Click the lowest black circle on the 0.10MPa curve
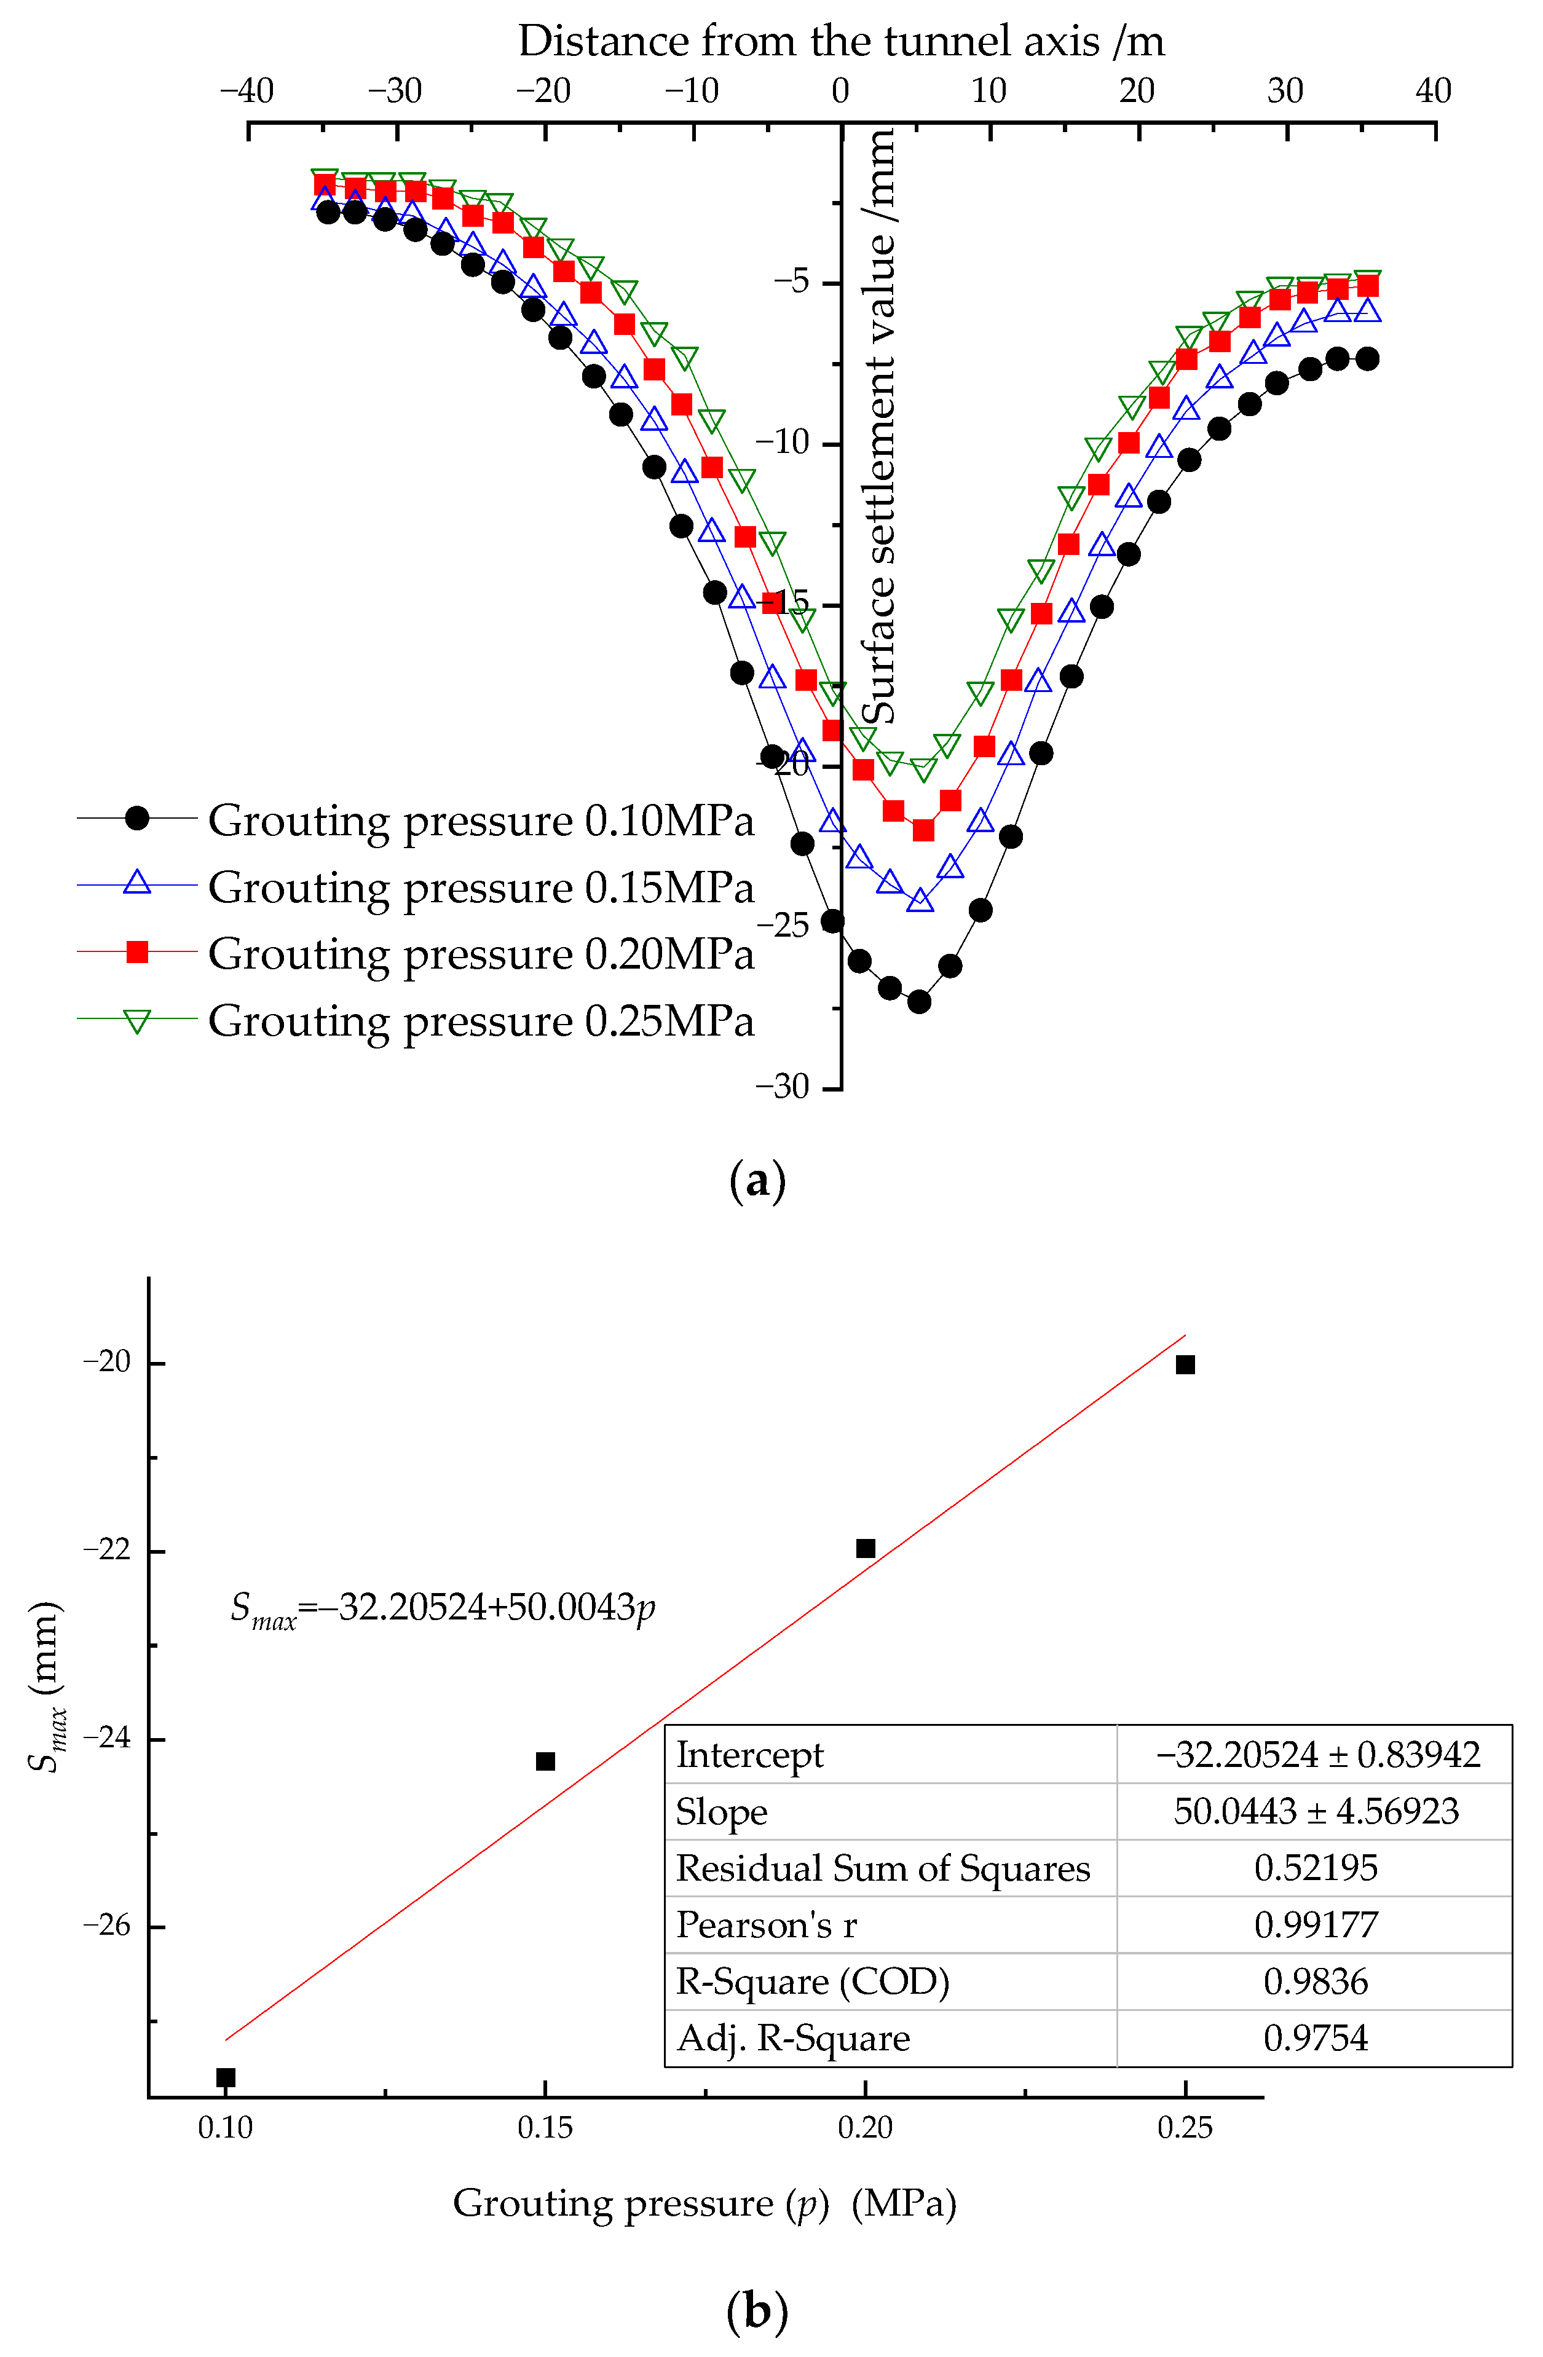[919, 1001]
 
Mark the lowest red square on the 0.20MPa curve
[923, 830]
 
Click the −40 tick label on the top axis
[247, 91]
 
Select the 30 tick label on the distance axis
[1285, 91]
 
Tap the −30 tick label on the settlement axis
[783, 1087]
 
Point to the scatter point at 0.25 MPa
[1185, 1364]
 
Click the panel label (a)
[757, 1181]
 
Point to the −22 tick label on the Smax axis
[107, 1550]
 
